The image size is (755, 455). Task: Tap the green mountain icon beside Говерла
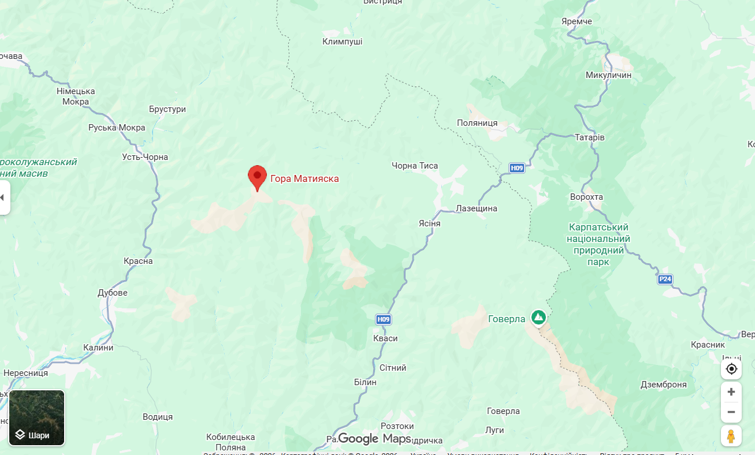pyautogui.click(x=538, y=317)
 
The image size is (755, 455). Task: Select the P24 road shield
pyautogui.click(x=665, y=279)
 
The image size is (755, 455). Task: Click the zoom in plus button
pyautogui.click(x=731, y=391)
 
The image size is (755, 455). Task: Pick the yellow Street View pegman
pyautogui.click(x=731, y=436)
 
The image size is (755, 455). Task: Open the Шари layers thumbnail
pyautogui.click(x=37, y=417)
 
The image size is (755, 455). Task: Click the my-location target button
pyautogui.click(x=731, y=369)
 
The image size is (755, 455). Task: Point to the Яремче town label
pyautogui.click(x=577, y=21)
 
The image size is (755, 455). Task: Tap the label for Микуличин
pyautogui.click(x=608, y=75)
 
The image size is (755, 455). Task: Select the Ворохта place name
pyautogui.click(x=586, y=197)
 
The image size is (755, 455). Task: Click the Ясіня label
pyautogui.click(x=429, y=223)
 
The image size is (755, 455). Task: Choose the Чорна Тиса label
pyautogui.click(x=415, y=166)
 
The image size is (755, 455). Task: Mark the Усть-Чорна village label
pyautogui.click(x=145, y=157)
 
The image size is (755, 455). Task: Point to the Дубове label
pyautogui.click(x=113, y=293)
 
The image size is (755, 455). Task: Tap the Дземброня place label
pyautogui.click(x=664, y=385)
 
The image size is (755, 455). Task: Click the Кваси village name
pyautogui.click(x=385, y=338)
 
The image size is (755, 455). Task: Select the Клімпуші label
pyautogui.click(x=343, y=42)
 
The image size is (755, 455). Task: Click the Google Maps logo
pyautogui.click(x=374, y=439)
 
